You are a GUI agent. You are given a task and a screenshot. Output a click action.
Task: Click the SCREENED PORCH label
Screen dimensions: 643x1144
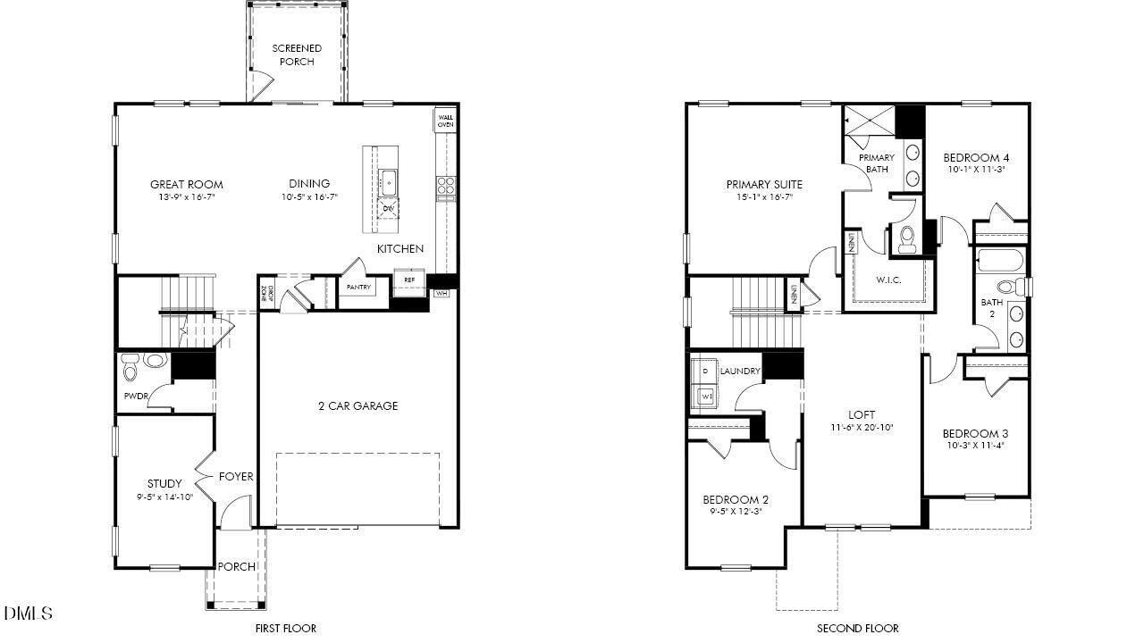pyautogui.click(x=297, y=54)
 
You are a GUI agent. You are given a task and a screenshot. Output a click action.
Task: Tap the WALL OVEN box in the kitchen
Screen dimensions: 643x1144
pyautogui.click(x=445, y=121)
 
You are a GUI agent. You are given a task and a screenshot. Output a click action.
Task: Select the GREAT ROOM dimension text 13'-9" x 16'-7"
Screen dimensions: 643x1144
pyautogui.click(x=186, y=196)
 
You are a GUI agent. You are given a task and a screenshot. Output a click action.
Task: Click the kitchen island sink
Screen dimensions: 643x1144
pyautogui.click(x=389, y=182)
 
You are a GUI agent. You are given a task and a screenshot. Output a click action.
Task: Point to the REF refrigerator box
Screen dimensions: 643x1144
pyautogui.click(x=409, y=280)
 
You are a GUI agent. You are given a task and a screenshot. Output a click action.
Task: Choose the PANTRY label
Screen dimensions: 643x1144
pyautogui.click(x=358, y=288)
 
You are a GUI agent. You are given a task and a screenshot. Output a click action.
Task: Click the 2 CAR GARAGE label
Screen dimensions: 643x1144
pyautogui.click(x=358, y=405)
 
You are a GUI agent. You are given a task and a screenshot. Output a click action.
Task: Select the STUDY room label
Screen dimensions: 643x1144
pyautogui.click(x=165, y=484)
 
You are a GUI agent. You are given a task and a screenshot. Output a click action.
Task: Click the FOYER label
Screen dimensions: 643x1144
pyautogui.click(x=236, y=477)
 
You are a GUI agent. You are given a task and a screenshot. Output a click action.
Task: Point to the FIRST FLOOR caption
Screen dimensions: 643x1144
pyautogui.click(x=285, y=628)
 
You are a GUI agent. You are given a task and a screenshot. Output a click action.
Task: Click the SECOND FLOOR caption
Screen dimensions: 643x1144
pyautogui.click(x=857, y=628)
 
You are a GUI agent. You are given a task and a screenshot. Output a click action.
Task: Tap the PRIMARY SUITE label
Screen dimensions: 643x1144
pyautogui.click(x=764, y=185)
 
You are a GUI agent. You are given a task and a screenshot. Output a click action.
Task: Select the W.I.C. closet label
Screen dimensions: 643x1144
pyautogui.click(x=888, y=280)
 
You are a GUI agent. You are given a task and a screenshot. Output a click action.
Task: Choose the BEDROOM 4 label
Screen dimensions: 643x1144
pyautogui.click(x=976, y=157)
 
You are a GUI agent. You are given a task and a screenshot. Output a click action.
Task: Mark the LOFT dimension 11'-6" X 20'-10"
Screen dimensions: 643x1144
pyautogui.click(x=862, y=428)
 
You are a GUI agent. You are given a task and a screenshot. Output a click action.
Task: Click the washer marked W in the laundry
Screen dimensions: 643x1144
pyautogui.click(x=706, y=395)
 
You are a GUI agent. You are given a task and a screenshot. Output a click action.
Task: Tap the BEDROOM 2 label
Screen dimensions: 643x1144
pyautogui.click(x=736, y=499)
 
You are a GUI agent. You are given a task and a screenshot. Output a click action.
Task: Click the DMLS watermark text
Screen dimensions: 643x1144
pyautogui.click(x=28, y=614)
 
